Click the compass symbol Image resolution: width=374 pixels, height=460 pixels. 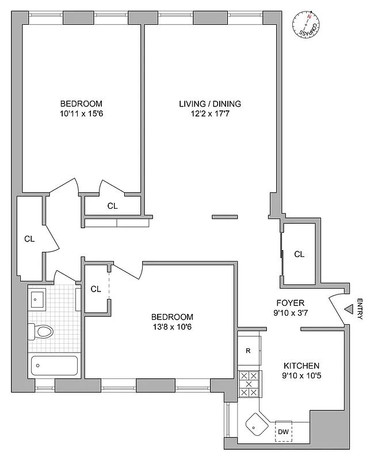307,25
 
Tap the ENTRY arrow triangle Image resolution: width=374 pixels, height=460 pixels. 349,310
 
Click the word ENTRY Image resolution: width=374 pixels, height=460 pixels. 360,309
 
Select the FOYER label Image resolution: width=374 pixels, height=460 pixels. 290,303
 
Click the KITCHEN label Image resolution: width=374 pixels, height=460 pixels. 301,366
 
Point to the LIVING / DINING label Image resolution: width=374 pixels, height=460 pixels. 209,104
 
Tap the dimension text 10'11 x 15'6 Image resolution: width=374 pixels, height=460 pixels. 81,113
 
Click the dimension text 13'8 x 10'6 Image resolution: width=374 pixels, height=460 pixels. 172,327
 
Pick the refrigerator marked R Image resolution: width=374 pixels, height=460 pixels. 247,350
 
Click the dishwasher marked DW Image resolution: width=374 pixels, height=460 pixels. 283,431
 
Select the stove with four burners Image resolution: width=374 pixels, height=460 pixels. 250,384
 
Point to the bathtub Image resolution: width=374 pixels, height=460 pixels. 54,365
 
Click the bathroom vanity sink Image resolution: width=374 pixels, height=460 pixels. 39,298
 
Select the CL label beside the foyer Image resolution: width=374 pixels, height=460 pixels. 299,254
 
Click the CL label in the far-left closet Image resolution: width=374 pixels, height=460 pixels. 29,239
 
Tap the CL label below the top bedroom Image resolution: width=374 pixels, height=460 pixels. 112,205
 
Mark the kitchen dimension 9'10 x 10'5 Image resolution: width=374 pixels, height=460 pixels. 301,376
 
